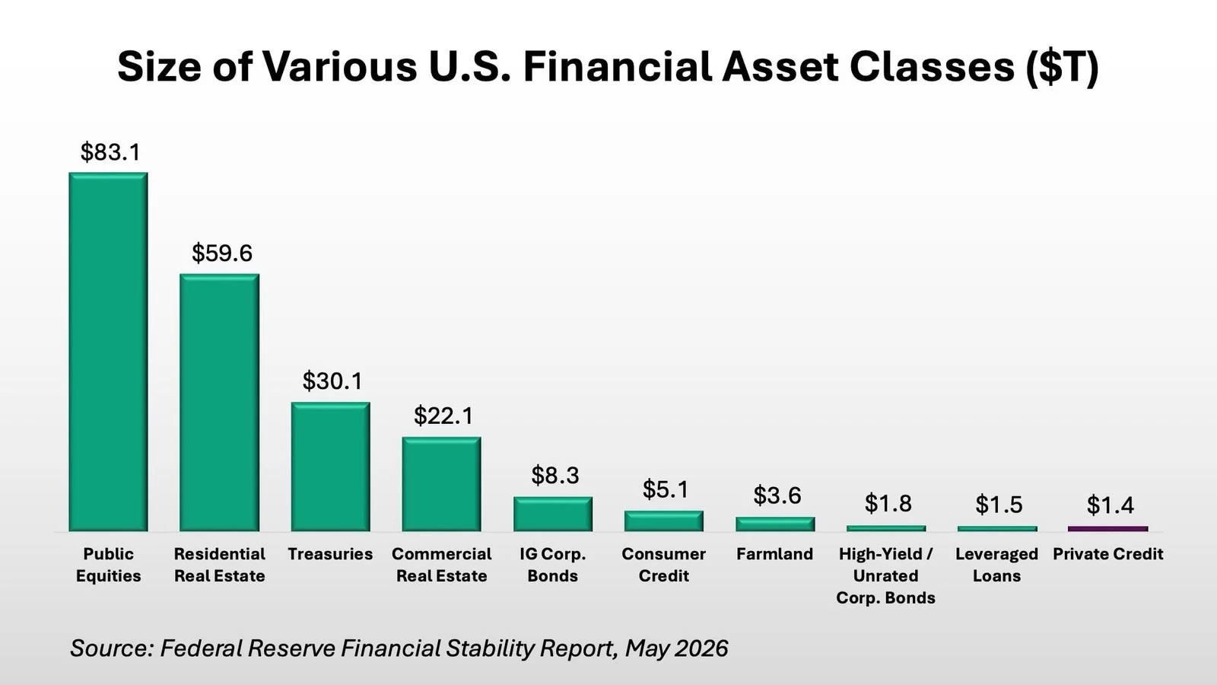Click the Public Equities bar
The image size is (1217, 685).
pos(108,352)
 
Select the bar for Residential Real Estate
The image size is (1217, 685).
pos(220,403)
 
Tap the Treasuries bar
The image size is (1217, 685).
pos(330,467)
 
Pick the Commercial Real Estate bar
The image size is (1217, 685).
pos(442,484)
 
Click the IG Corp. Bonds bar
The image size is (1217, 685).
pos(553,514)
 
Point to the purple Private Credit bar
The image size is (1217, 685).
pos(1108,528)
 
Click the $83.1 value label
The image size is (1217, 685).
pos(110,151)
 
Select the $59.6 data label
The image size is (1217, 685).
pos(221,253)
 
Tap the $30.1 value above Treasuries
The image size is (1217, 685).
pos(332,381)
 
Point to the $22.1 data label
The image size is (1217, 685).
pos(443,416)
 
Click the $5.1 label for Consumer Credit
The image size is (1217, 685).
pos(666,489)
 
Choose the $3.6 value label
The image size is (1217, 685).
pos(777,495)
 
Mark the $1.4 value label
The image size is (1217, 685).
pos(1110,505)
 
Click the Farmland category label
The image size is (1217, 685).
pos(775,554)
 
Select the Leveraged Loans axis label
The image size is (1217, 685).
pos(997,565)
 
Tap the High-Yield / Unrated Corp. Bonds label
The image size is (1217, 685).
pos(885,575)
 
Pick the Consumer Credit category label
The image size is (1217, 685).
pos(663,565)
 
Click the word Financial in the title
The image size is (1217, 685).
pos(617,67)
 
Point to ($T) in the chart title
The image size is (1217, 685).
pos(1063,68)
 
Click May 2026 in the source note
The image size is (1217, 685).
pos(676,648)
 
